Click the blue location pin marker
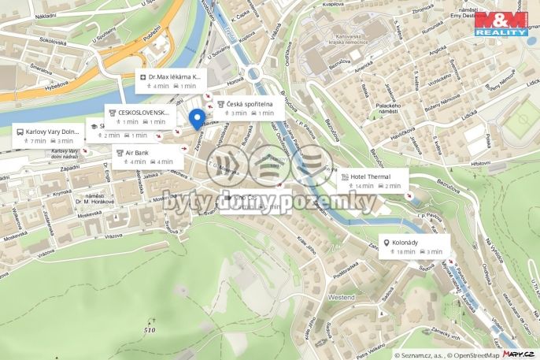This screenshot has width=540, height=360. (x=198, y=119)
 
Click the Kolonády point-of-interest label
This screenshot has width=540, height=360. (x=409, y=243)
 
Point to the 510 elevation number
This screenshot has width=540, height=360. (x=149, y=329)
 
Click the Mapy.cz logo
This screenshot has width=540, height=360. (x=520, y=354)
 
